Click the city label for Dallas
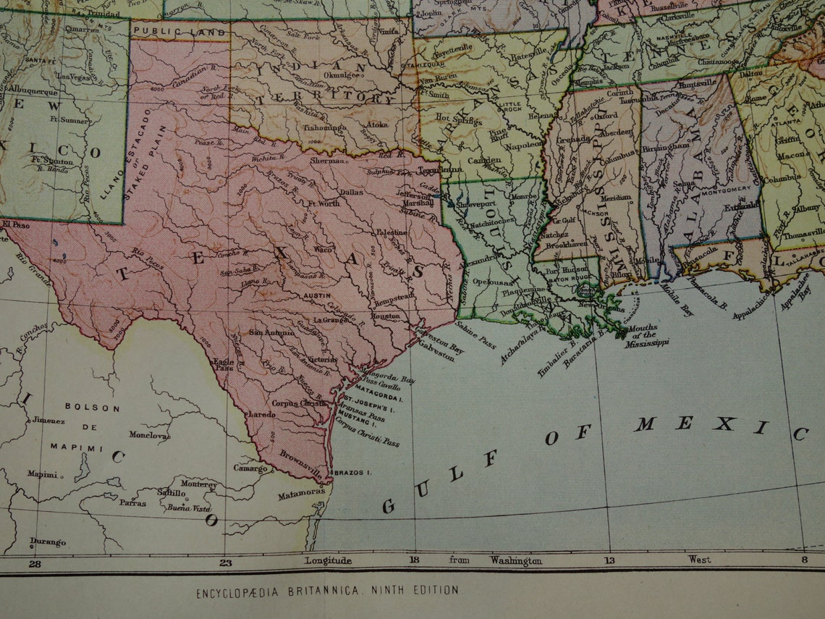(x=351, y=193)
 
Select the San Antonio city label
(x=271, y=332)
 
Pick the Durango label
(x=48, y=542)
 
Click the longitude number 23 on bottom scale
(x=226, y=563)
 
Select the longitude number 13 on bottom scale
(x=609, y=560)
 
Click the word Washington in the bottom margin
(x=515, y=560)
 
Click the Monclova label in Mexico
(x=149, y=435)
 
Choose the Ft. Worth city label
(x=323, y=204)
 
